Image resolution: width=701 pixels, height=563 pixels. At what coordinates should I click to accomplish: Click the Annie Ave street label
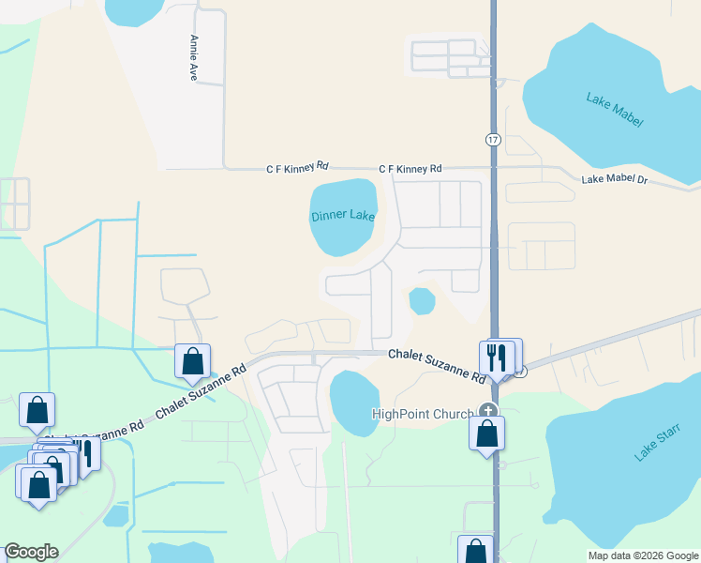click(x=193, y=57)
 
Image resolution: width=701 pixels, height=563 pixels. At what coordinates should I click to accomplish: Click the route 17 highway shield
click(x=492, y=139)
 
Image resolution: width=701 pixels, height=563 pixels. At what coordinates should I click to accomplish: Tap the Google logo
click(x=31, y=552)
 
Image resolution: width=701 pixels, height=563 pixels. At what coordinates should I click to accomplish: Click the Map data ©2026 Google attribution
click(x=642, y=555)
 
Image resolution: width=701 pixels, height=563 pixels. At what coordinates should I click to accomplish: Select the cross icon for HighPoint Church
click(x=487, y=410)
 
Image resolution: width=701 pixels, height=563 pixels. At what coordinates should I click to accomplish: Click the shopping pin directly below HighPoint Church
click(x=487, y=434)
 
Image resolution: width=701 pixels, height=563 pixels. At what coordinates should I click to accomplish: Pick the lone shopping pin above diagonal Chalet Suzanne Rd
click(x=192, y=361)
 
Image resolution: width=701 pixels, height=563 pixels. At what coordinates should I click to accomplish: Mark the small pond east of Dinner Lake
click(x=422, y=301)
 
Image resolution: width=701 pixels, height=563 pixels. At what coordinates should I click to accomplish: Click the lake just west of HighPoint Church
click(x=353, y=403)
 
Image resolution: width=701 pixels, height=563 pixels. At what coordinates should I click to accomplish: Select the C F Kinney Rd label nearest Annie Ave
click(x=297, y=167)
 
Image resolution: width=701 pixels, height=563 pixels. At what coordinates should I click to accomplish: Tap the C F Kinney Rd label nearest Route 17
click(x=410, y=169)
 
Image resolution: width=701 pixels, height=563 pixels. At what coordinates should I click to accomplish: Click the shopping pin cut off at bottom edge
click(x=475, y=551)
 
